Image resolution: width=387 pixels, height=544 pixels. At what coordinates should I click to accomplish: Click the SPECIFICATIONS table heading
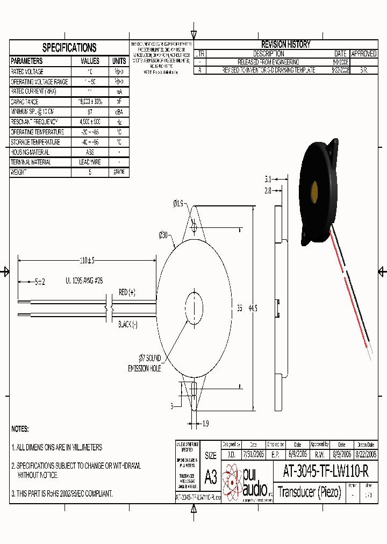[69, 47]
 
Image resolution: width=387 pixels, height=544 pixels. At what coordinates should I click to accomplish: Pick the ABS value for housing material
[90, 152]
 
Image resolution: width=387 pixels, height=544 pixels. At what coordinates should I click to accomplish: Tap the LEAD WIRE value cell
[90, 162]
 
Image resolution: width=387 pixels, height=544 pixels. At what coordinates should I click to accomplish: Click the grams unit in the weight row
[119, 172]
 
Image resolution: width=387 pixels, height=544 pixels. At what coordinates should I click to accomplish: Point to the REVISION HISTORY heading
[285, 45]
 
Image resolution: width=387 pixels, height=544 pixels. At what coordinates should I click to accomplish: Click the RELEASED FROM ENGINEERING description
[269, 62]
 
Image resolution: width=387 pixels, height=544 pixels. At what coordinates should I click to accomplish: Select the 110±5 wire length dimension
[87, 261]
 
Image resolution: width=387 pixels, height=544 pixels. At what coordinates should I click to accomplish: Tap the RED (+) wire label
[127, 292]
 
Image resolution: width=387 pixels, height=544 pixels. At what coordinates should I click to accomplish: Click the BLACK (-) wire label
[128, 325]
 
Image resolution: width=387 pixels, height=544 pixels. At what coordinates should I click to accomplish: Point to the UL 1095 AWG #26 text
[84, 281]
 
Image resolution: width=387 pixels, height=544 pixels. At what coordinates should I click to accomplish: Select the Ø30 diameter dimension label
[164, 234]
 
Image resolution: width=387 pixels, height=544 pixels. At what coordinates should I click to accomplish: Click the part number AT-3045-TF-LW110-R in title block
[326, 471]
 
